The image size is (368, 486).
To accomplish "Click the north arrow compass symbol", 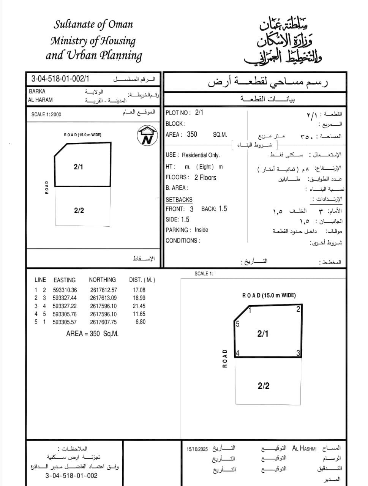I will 147,136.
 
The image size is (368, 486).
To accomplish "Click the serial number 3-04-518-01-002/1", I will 60,79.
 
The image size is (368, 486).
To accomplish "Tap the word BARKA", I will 37,91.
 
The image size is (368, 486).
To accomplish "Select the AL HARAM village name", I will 40,100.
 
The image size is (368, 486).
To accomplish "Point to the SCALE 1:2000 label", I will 46,114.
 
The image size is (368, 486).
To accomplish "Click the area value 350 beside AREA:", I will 192,134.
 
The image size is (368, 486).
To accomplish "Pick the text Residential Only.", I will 201,155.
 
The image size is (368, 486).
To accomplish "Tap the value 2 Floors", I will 205,177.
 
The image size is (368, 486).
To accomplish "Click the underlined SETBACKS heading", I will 179,199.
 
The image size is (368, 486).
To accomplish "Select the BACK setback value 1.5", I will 223,208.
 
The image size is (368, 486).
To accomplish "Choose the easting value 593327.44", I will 65,298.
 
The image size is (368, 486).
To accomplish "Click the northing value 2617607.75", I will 103,322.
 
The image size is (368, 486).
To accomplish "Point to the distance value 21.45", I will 139,306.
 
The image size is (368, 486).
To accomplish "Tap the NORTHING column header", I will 102,280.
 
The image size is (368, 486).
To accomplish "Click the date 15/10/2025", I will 197,449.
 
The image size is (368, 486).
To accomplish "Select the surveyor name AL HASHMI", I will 304,448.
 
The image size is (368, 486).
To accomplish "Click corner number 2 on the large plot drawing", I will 298,309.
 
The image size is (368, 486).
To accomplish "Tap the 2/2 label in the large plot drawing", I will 264,386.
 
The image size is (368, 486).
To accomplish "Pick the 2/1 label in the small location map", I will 78,167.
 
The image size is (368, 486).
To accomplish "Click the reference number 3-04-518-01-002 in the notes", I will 71,475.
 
